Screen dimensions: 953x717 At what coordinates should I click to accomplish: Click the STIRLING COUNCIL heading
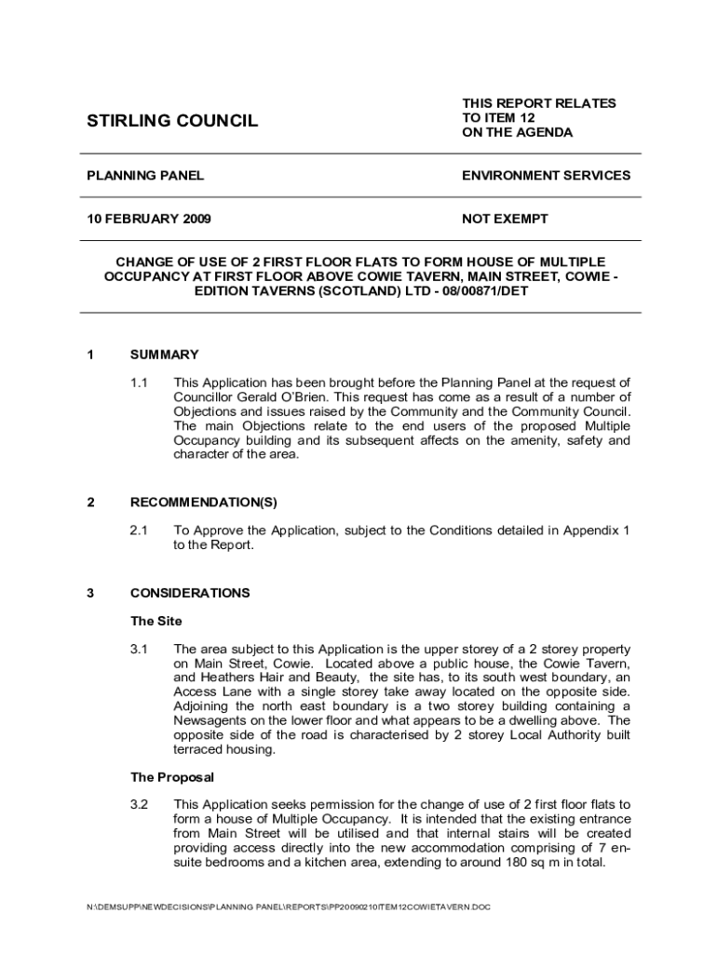172,121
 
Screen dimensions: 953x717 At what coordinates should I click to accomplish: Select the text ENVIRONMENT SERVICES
546,175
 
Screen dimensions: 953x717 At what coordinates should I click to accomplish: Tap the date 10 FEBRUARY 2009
148,219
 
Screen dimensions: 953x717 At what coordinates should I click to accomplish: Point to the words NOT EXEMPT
505,219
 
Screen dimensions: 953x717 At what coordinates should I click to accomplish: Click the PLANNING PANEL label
145,175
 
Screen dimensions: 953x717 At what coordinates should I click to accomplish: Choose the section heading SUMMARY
164,355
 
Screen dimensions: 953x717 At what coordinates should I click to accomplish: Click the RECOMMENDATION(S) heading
203,503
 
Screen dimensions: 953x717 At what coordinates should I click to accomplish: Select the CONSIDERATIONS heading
190,593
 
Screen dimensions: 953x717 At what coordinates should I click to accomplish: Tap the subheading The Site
156,621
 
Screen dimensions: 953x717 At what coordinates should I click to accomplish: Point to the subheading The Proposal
172,776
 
